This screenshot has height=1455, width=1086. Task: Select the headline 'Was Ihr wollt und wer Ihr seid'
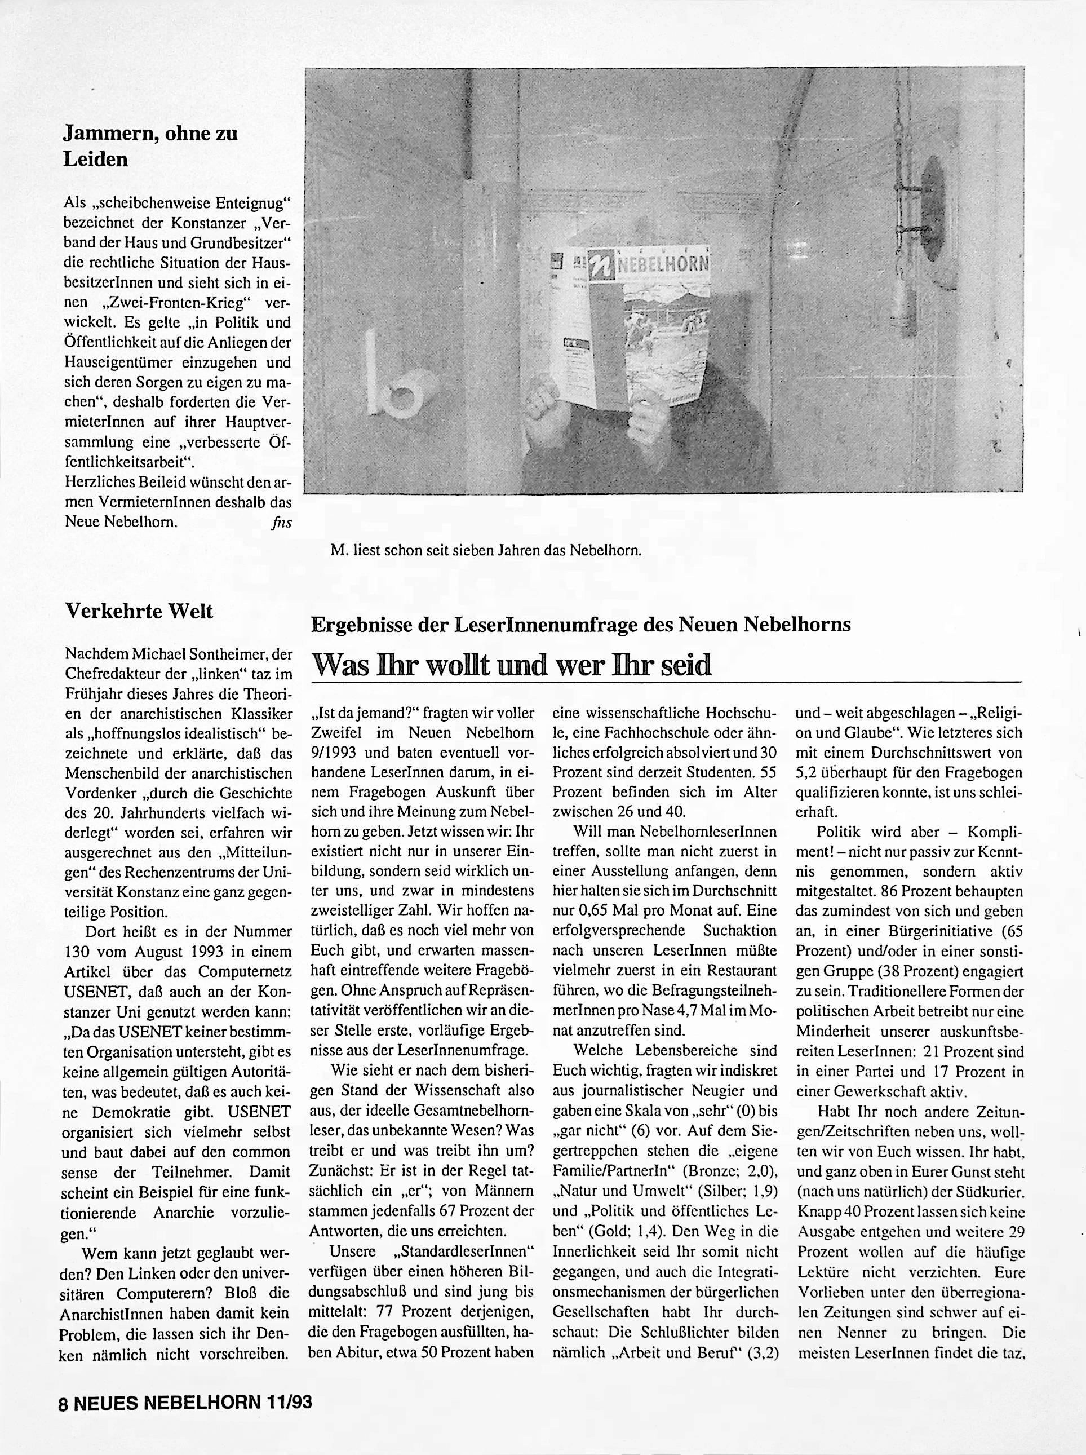[512, 665]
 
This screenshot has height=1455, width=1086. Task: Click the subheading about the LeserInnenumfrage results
[580, 624]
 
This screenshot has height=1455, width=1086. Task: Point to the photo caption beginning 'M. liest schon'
[485, 550]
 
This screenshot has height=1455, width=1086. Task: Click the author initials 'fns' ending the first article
[280, 523]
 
